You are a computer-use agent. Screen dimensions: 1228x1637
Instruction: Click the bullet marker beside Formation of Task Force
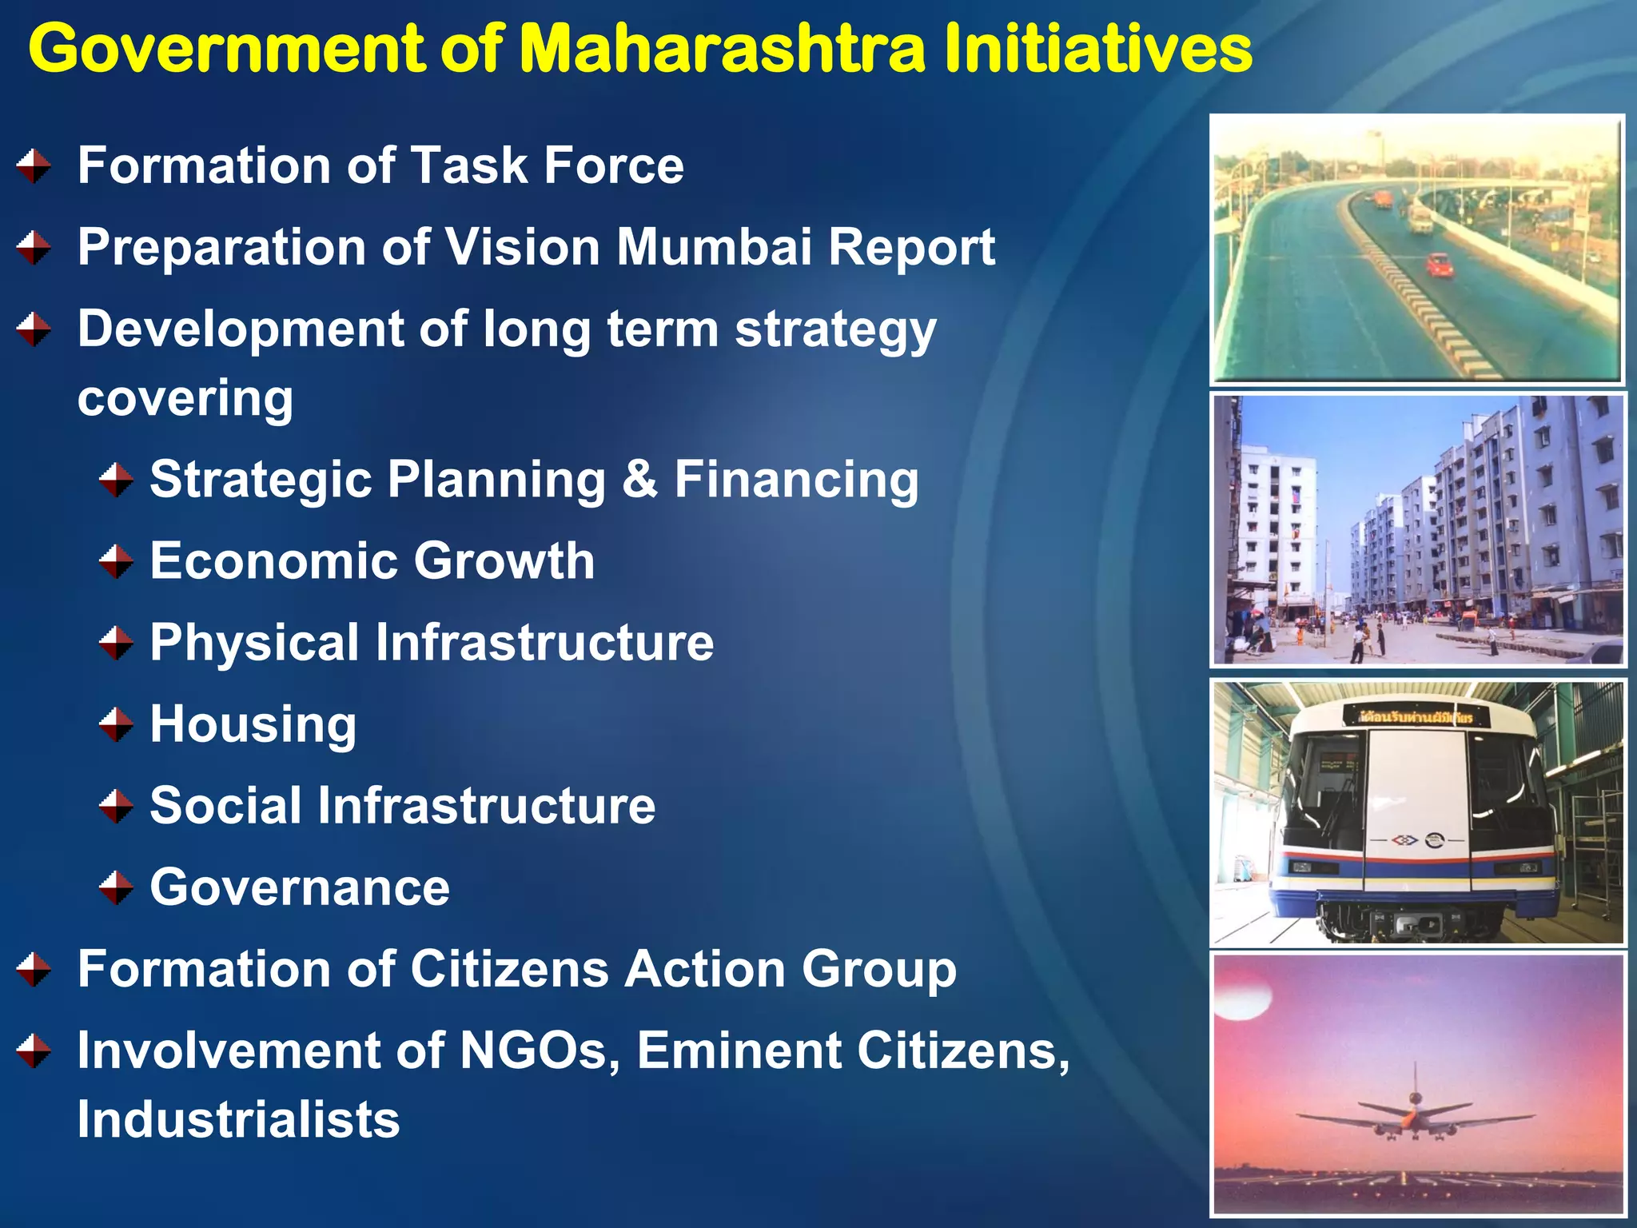tap(34, 166)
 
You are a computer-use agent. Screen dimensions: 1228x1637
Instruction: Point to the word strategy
tap(835, 330)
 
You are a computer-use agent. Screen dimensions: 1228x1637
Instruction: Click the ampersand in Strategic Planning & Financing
tap(639, 480)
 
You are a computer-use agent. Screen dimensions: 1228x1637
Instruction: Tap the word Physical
tap(254, 644)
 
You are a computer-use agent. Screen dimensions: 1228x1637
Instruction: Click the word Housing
tap(253, 725)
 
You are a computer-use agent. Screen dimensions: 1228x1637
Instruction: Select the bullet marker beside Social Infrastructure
tap(117, 806)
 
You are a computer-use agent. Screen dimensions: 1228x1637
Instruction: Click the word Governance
tap(300, 887)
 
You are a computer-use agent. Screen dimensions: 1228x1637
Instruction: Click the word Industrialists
tap(238, 1119)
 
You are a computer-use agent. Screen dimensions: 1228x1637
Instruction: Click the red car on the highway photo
tap(1440, 265)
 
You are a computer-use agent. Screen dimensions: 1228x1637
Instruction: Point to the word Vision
tap(522, 246)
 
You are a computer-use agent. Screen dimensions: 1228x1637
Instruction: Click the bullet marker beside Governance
tap(117, 887)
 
